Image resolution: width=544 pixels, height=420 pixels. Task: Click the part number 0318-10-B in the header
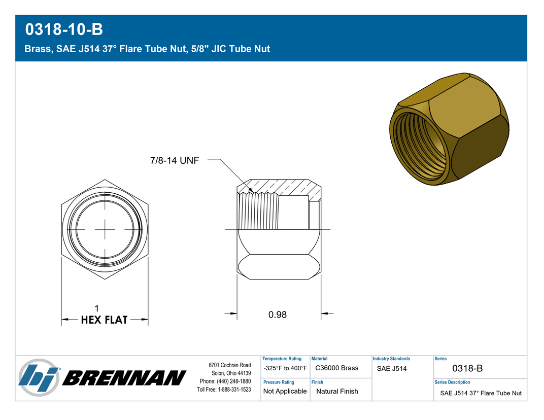64,29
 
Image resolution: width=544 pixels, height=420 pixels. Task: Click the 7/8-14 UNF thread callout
175,160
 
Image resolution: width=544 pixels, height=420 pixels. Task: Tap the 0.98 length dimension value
278,314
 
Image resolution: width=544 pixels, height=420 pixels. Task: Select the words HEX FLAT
104,320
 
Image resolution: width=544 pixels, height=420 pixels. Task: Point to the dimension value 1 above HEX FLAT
97,308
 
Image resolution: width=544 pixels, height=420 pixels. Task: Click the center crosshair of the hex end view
105,229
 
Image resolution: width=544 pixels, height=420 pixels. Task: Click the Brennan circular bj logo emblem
39,378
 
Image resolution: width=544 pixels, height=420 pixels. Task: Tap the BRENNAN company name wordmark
124,378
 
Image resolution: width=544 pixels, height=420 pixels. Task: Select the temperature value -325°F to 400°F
285,368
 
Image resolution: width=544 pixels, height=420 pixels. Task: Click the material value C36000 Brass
336,368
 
